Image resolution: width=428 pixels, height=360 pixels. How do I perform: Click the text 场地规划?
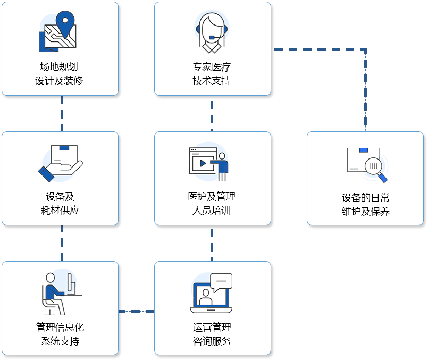(x=60, y=67)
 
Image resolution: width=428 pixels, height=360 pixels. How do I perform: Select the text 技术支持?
(x=212, y=81)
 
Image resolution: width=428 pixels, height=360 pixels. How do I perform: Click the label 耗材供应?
(x=60, y=210)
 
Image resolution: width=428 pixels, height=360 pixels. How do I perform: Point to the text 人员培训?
(x=212, y=210)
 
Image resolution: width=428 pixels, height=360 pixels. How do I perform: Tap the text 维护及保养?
(x=366, y=211)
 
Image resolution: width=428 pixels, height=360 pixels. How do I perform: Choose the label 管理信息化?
(x=60, y=327)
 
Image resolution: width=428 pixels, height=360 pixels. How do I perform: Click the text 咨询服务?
(x=212, y=341)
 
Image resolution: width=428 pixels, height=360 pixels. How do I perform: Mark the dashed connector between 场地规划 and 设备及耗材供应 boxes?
(x=62, y=113)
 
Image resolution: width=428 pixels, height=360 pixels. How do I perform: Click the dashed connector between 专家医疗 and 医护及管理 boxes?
(x=212, y=113)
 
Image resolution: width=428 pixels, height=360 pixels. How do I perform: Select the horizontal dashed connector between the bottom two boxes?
(x=136, y=311)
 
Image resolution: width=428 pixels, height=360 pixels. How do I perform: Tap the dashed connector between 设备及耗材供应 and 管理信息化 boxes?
(x=62, y=243)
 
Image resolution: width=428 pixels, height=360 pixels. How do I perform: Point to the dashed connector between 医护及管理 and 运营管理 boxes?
(x=212, y=243)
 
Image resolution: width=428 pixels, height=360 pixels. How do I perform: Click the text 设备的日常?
(x=366, y=197)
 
